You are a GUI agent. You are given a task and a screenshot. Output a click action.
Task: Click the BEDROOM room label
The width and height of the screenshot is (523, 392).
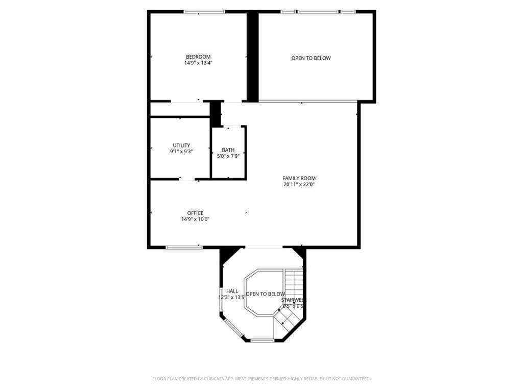tap(198, 57)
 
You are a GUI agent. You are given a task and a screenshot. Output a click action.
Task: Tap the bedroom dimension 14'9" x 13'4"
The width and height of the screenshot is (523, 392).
tap(198, 63)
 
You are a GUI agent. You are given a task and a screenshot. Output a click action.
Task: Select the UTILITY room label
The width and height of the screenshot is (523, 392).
tap(181, 145)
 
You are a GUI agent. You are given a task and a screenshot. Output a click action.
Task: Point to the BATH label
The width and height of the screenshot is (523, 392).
tap(228, 150)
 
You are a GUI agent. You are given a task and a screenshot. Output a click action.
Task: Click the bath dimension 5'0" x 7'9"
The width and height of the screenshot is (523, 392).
tap(228, 156)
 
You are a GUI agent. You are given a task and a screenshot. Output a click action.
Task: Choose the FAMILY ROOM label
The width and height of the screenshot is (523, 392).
tap(299, 178)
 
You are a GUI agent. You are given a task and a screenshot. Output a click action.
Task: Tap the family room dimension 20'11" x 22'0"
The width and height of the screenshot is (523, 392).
tap(299, 184)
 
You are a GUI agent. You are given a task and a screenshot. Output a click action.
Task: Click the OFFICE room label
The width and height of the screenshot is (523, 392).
tap(195, 213)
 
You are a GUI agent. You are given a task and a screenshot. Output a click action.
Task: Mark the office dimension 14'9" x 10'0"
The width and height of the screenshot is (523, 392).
tap(195, 219)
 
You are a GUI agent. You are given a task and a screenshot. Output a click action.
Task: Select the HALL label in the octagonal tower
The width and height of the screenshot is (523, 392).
tap(232, 291)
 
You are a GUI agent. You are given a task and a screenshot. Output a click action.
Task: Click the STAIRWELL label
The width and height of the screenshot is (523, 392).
tap(293, 300)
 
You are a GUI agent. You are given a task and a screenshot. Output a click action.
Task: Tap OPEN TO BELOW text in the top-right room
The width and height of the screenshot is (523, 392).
tap(311, 58)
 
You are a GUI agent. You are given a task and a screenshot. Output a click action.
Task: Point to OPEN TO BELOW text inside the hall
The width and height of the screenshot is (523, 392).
tap(265, 294)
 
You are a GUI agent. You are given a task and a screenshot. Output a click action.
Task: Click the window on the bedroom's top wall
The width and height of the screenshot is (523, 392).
tap(204, 12)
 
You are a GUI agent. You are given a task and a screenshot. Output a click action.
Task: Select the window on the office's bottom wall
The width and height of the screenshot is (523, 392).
tap(184, 248)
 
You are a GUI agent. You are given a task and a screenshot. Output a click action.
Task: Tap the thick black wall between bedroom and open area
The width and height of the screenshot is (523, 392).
tap(252, 56)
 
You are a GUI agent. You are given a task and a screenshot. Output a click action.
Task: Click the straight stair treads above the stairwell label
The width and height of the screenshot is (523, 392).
tap(294, 283)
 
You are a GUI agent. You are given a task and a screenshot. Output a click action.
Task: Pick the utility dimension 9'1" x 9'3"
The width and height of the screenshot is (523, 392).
tap(181, 152)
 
